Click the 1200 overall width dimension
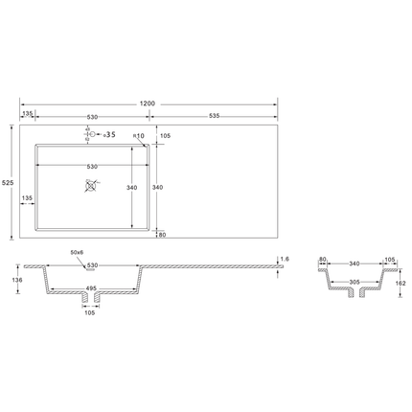pyautogui.click(x=148, y=103)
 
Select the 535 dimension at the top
pyautogui.click(x=215, y=116)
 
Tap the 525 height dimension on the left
pyautogui.click(x=8, y=183)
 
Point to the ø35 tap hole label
pyautogui.click(x=109, y=135)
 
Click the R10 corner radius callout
pyautogui.click(x=139, y=136)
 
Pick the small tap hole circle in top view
pyautogui.click(x=92, y=134)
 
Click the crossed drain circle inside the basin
pyautogui.click(x=91, y=186)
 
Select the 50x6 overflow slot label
pyautogui.click(x=77, y=252)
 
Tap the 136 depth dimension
pyautogui.click(x=18, y=280)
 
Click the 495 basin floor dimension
pyautogui.click(x=91, y=288)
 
